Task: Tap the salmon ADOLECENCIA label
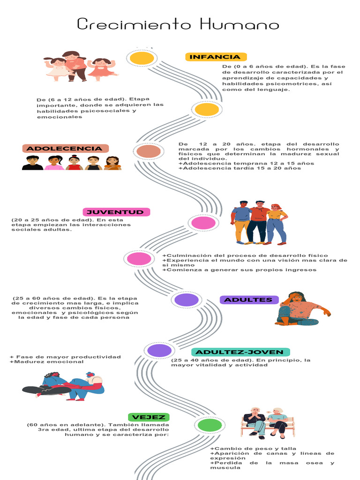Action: tap(65, 149)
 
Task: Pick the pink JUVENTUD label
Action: tap(116, 212)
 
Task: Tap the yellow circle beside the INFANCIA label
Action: tap(142, 58)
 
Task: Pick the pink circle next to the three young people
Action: tap(203, 223)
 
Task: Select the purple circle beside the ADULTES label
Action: tap(187, 300)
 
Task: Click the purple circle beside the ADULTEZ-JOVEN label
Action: tap(159, 350)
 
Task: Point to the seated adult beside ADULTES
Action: tap(300, 309)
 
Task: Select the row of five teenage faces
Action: tap(71, 163)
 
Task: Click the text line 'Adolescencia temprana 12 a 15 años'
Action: tap(247, 163)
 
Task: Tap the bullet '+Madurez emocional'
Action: tap(47, 362)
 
